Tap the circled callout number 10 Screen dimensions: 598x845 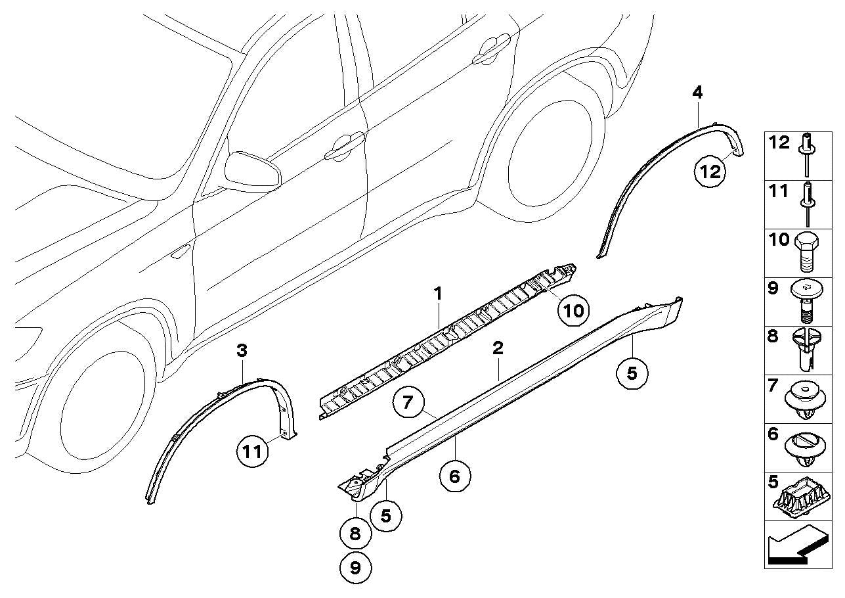pos(573,310)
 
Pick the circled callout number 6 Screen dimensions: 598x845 pos(454,476)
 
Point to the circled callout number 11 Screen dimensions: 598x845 pos(253,451)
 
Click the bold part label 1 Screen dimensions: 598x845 pos(438,294)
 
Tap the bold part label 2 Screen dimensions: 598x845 pos(498,348)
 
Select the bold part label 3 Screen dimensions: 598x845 pos(242,351)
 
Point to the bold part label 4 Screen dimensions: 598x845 pos(697,93)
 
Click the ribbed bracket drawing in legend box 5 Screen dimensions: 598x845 pos(805,502)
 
